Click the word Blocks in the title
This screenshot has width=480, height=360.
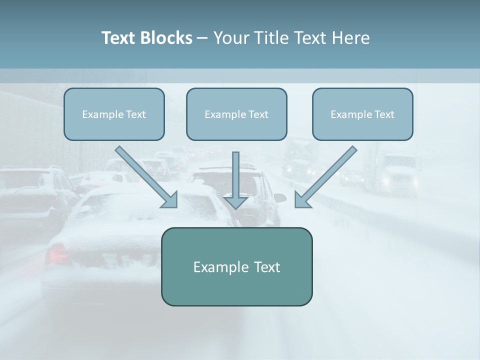pyautogui.click(x=167, y=38)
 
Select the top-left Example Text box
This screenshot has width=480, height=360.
pyautogui.click(x=114, y=114)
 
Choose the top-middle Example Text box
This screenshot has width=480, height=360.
pyautogui.click(x=236, y=114)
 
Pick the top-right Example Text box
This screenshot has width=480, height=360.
pyautogui.click(x=362, y=114)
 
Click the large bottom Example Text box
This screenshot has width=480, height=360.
pyautogui.click(x=236, y=266)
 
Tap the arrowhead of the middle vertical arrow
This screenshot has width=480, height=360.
pyautogui.click(x=235, y=202)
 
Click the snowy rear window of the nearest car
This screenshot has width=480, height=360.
pyautogui.click(x=125, y=210)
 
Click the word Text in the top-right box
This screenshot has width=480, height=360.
pyautogui.click(x=384, y=114)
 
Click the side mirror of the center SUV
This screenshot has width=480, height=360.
pyautogui.click(x=280, y=198)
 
